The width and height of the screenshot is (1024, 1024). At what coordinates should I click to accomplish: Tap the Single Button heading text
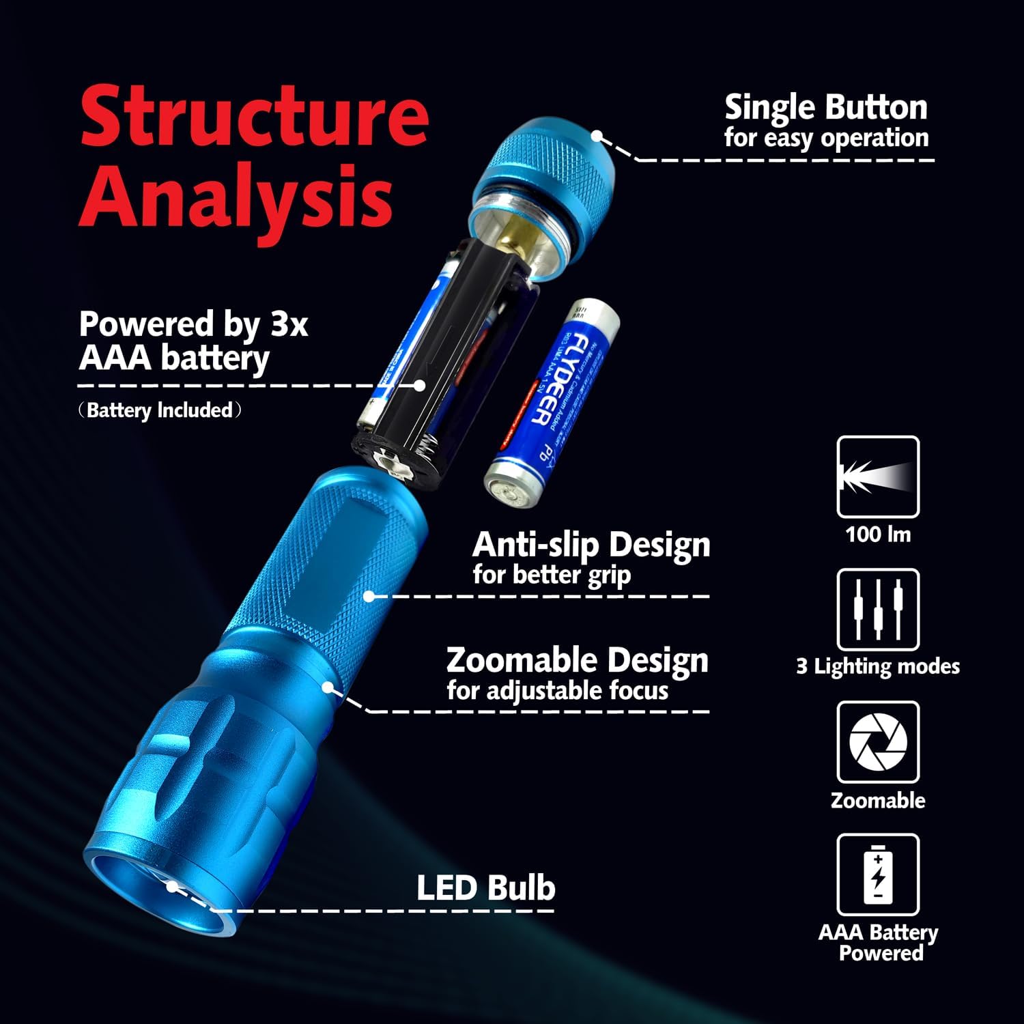(826, 108)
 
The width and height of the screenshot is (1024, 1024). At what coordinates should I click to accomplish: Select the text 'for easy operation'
(826, 139)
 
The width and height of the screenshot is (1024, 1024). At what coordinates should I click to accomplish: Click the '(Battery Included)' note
(160, 410)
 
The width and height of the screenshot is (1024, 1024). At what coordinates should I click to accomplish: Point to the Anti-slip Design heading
(591, 544)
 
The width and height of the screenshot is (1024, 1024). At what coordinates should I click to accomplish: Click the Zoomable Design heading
(577, 660)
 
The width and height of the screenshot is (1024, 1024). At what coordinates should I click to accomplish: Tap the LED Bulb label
(485, 888)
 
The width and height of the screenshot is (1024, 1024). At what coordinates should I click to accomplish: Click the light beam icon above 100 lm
(878, 477)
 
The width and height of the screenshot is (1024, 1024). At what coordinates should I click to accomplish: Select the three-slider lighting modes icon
(878, 610)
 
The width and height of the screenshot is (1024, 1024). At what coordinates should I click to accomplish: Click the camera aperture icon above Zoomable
(878, 742)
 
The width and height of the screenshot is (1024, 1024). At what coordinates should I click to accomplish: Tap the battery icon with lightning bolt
(878, 874)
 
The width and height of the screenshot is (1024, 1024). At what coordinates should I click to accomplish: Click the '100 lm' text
(878, 534)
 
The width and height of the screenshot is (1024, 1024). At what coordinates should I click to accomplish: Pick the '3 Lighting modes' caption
(878, 666)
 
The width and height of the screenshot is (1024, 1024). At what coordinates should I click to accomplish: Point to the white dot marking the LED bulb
(172, 887)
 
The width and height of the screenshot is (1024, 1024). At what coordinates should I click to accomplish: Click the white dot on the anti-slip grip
(369, 596)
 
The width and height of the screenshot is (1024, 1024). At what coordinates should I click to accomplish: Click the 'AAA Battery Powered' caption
(878, 943)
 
